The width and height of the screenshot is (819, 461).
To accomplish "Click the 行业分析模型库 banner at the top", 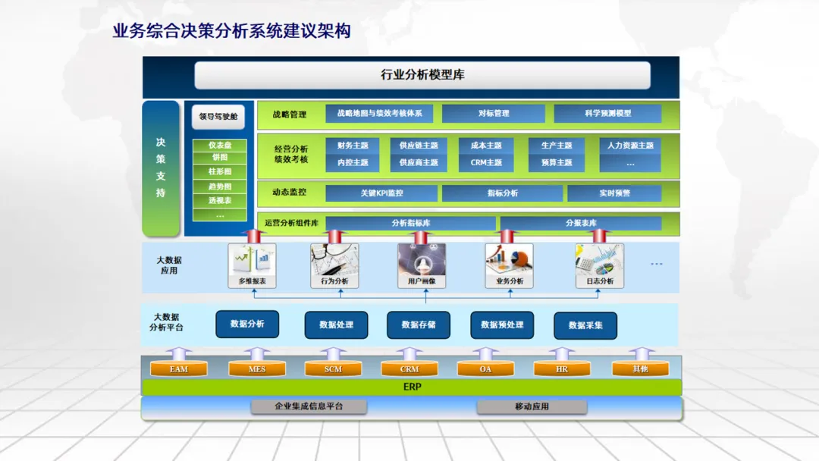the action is (422, 75).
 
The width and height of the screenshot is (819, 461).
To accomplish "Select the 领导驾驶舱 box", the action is (218, 117).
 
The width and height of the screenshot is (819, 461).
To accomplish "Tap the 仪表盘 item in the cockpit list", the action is (220, 146).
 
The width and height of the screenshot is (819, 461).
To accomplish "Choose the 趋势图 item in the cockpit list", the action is (220, 187).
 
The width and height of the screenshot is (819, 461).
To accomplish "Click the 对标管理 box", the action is (493, 114).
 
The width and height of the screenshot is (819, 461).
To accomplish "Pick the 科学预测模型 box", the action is (607, 114).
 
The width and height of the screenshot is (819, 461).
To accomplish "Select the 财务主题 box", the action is (353, 146).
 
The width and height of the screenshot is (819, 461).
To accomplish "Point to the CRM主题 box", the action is (486, 162).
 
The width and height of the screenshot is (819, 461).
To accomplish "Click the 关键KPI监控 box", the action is (381, 193).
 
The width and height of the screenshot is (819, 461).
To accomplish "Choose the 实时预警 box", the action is (614, 193).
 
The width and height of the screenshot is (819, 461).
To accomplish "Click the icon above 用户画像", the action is (422, 259).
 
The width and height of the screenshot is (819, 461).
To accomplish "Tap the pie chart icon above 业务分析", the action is (509, 259).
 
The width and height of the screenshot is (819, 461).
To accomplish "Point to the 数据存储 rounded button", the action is (418, 325).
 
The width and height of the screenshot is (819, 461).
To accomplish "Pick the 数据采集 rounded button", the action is (585, 325).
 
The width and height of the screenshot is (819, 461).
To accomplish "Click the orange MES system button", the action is (257, 369).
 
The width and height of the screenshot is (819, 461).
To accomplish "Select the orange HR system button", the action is (562, 369).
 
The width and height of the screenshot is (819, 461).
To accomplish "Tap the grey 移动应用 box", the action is (532, 407).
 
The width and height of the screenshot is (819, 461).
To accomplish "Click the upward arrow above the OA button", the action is (485, 353).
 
